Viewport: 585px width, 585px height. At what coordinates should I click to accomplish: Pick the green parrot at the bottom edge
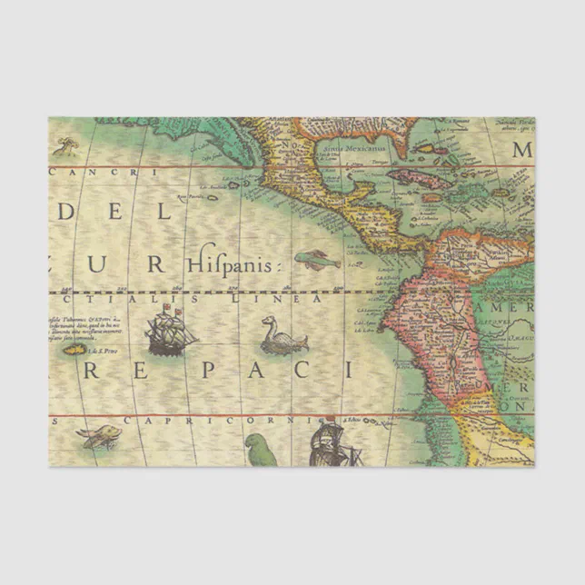coord(262,450)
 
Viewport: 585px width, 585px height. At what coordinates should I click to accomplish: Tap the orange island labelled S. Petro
coord(74,349)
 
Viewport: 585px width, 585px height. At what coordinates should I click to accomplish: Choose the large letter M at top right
coord(522,150)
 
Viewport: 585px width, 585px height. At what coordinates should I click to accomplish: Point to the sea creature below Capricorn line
coord(101,437)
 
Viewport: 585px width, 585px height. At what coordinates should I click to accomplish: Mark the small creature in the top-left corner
coord(65,144)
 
